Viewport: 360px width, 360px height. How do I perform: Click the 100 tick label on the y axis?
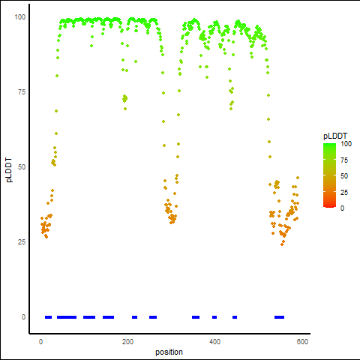tap(20, 17)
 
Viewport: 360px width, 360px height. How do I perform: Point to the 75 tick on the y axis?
tap(22, 92)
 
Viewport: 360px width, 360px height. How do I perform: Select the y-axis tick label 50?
tap(22, 167)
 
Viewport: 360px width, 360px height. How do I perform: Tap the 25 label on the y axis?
tap(22, 242)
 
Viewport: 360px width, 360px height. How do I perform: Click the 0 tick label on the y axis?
tap(23, 317)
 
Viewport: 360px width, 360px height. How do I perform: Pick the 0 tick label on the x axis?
tap(40, 342)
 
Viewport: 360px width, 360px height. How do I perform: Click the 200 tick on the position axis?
tap(127, 342)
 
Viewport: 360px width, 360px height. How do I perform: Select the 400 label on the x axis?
tap(214, 342)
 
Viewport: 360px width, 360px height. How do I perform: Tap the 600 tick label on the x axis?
tap(302, 342)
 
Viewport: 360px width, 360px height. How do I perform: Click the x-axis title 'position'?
tap(169, 352)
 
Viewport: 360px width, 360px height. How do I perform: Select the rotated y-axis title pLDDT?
tap(9, 170)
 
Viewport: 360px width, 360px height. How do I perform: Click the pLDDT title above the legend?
tap(335, 136)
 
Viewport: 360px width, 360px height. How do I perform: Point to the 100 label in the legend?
tap(346, 144)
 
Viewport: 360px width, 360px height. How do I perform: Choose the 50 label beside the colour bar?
tap(344, 176)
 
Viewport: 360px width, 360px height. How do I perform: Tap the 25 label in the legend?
tap(344, 192)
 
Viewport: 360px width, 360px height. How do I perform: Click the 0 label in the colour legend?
tap(343, 208)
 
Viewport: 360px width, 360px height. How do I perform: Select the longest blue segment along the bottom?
tap(67, 317)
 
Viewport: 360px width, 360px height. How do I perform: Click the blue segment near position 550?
tap(279, 317)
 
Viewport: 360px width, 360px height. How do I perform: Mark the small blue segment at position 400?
tap(214, 317)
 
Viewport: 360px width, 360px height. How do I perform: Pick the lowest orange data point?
tap(282, 244)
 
